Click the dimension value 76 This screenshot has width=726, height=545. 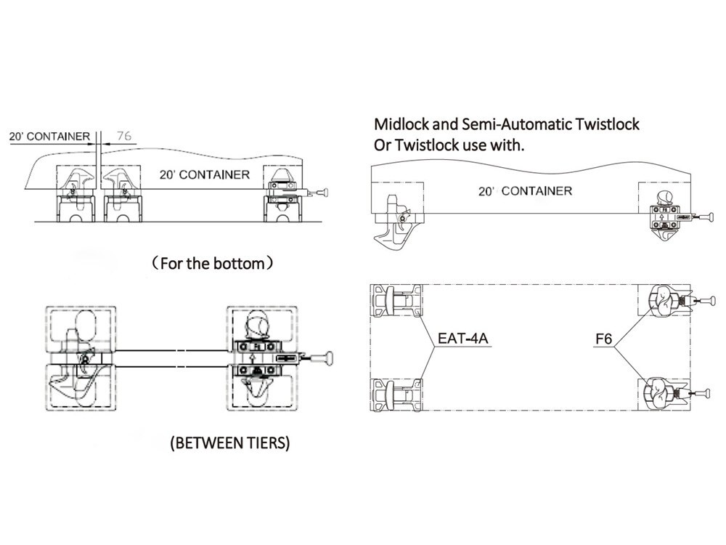[124, 136]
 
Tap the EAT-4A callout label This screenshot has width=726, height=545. [462, 339]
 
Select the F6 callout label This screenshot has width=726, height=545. [603, 339]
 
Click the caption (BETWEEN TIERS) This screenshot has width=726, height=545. [230, 443]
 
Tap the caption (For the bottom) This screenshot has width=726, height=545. [213, 263]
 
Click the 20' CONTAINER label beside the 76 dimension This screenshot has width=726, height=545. [49, 137]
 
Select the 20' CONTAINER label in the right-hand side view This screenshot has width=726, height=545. [525, 191]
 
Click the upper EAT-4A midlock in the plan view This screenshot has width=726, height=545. [397, 301]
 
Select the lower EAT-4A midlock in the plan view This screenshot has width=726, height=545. [397, 395]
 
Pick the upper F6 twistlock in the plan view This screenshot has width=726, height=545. [665, 301]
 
